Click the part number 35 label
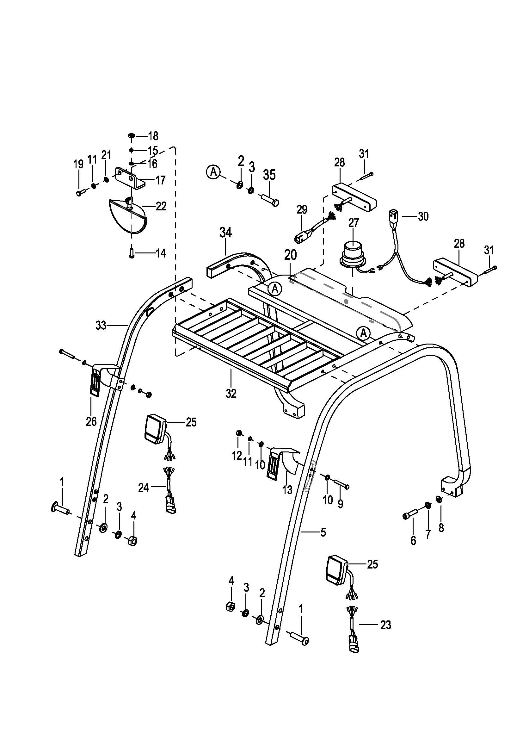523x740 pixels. click(269, 175)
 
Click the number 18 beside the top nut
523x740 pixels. click(153, 136)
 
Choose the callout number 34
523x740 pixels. click(225, 233)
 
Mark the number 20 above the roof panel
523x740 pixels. click(290, 255)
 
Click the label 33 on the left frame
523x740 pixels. click(101, 326)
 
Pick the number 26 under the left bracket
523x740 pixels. click(91, 421)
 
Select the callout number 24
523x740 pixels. click(143, 488)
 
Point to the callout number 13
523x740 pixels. click(287, 490)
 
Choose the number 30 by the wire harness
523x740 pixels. click(423, 216)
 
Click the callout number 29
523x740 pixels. click(302, 209)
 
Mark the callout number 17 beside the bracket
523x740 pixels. click(160, 180)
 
